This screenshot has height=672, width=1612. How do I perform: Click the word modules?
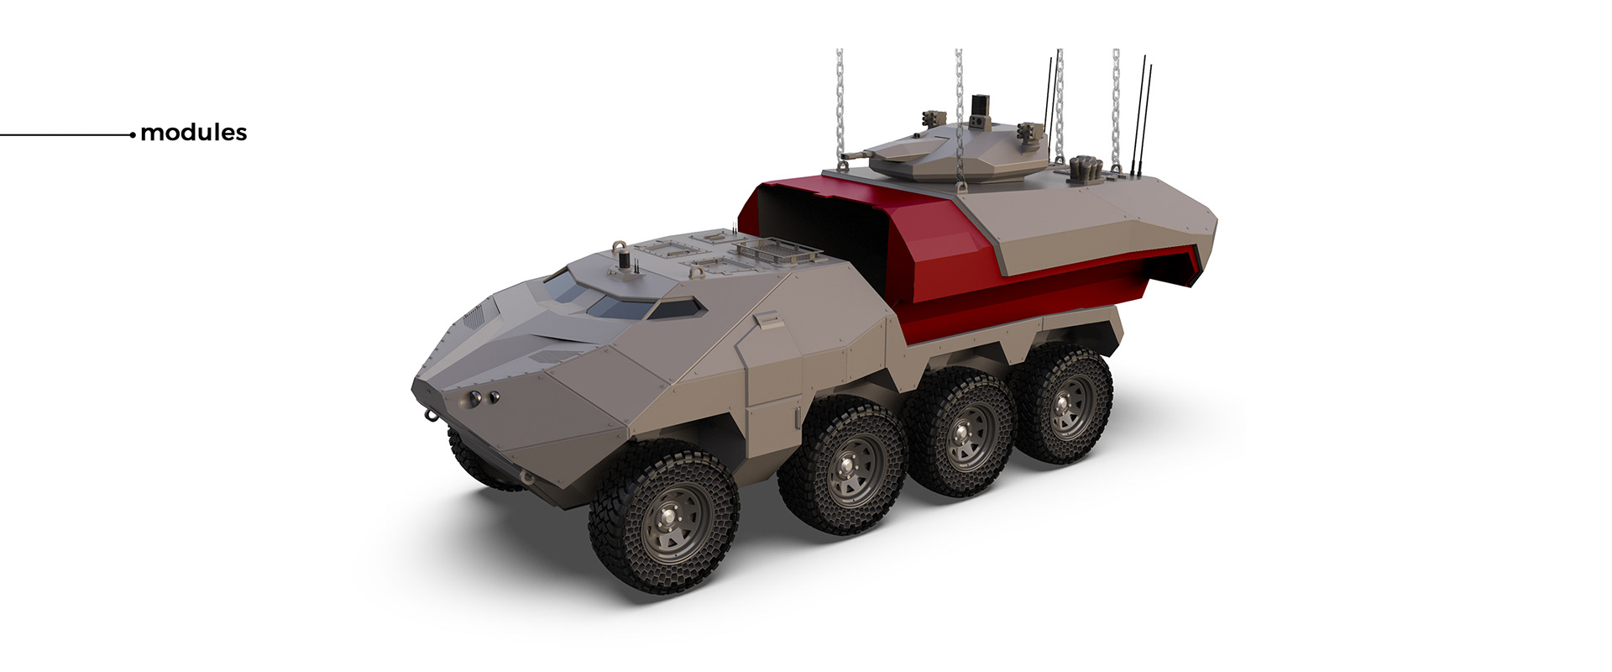194,133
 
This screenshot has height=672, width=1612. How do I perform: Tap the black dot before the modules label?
133,134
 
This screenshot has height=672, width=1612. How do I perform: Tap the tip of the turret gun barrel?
843,156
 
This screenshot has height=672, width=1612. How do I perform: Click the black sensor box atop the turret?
978,107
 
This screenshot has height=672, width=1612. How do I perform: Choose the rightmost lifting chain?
1116,101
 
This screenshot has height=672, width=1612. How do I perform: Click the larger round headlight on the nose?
476,398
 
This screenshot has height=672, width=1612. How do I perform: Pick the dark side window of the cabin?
677,308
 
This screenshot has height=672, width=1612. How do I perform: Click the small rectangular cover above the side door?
768,320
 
